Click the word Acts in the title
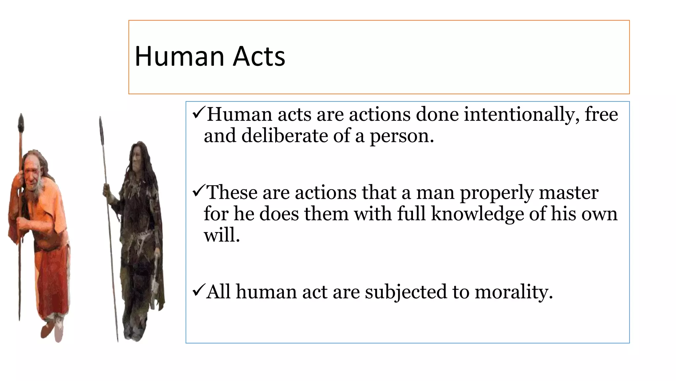pos(259,56)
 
